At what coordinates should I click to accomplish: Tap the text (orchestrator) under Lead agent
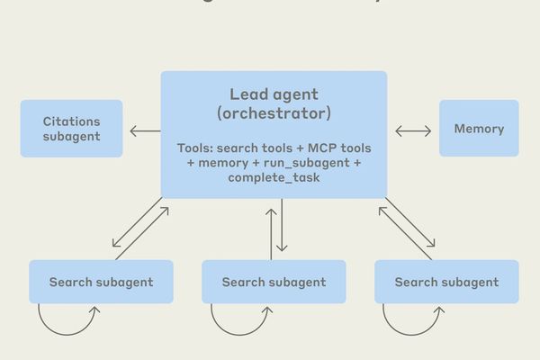point(274,114)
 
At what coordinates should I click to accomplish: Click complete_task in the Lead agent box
point(274,179)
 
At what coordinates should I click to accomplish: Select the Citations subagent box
point(71,129)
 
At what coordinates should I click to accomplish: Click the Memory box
point(479,129)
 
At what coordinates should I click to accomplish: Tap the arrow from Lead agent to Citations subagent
point(144,131)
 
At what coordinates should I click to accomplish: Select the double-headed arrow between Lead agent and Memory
point(413,131)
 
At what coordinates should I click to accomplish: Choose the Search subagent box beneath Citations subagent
point(101,282)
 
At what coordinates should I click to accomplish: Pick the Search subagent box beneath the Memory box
point(446,282)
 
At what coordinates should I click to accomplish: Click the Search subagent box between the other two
point(274,282)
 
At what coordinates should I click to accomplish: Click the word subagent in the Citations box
point(71,137)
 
